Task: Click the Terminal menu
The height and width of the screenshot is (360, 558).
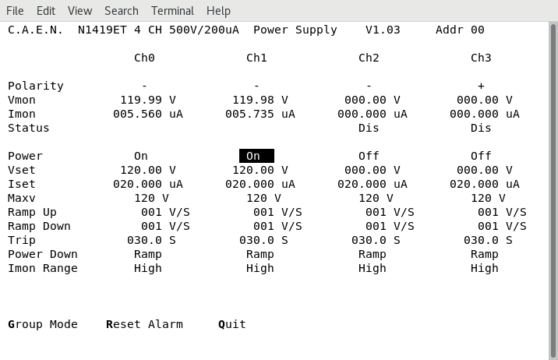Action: coord(172,11)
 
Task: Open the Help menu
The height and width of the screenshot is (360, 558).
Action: coord(218,11)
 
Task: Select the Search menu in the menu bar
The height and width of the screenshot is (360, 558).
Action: coord(122,11)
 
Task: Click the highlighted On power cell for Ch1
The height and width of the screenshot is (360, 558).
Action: coord(256,156)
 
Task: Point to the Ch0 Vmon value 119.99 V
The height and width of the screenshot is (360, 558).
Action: coord(148,100)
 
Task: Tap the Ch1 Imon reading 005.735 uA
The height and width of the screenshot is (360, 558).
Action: coord(260,115)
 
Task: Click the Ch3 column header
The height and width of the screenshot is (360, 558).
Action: coord(481,58)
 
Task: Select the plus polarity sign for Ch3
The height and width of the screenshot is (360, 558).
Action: coord(481,86)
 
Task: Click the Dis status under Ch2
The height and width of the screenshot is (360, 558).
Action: coord(369,128)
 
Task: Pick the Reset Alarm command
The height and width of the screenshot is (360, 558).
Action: coord(144,324)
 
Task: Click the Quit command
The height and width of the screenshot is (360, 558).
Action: coord(232,324)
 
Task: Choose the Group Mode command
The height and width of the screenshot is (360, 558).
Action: coord(43,324)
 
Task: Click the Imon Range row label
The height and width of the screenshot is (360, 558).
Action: coord(43,268)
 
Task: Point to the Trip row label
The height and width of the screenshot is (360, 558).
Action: coord(22,241)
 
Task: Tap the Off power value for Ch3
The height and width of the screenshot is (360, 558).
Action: coord(481,156)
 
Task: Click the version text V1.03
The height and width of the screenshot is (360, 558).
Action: coord(383,30)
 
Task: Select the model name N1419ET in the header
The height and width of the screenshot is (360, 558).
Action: coord(102,30)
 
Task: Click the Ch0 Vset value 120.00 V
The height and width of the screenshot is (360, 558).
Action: coord(148,170)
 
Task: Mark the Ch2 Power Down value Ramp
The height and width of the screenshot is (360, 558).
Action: coord(373,254)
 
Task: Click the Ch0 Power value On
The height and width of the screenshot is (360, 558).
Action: coord(141,156)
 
